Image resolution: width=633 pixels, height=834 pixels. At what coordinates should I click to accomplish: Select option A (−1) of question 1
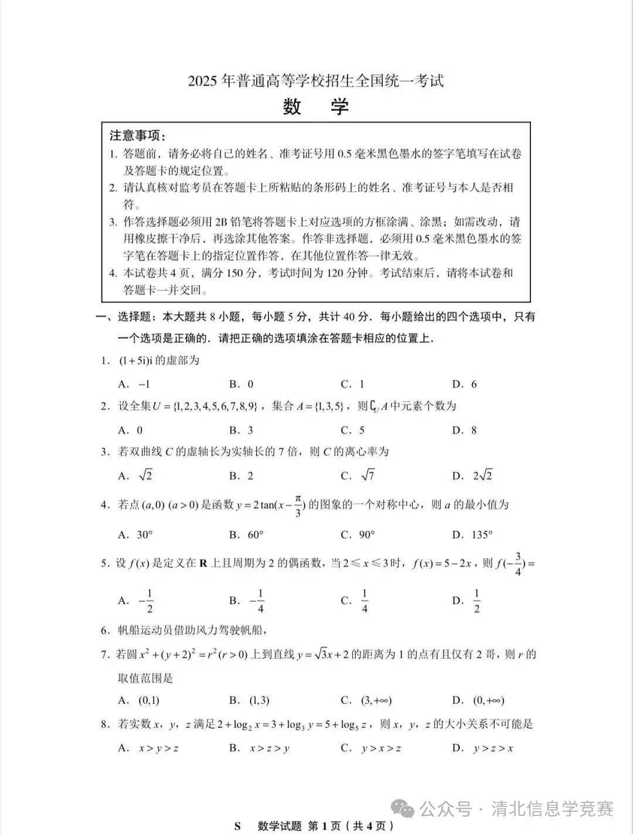point(134,384)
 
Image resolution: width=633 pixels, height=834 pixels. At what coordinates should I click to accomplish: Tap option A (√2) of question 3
point(135,475)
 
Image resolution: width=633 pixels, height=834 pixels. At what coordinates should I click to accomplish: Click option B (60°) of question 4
point(246,535)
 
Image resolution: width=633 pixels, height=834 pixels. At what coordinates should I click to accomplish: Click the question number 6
point(105,631)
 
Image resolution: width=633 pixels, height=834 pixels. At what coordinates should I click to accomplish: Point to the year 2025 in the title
point(203,81)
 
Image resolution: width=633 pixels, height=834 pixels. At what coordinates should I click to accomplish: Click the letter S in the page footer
point(237,826)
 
